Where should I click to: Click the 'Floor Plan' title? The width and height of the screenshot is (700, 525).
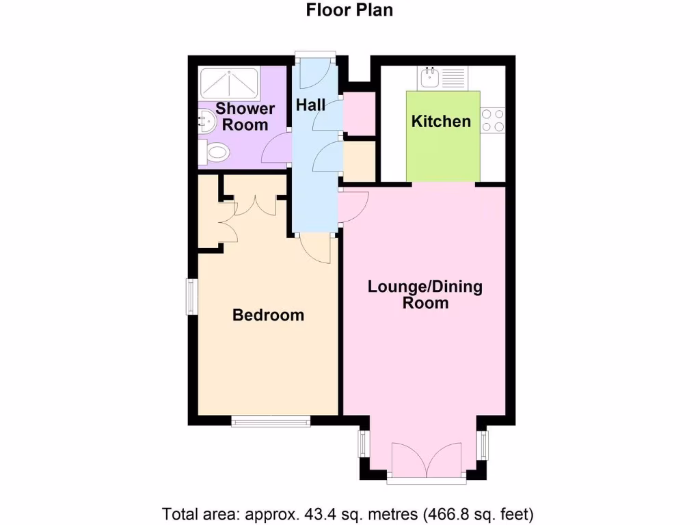click(349, 10)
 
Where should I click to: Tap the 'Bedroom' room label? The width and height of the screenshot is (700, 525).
click(268, 315)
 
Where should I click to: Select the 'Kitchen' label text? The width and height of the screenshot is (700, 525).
click(441, 122)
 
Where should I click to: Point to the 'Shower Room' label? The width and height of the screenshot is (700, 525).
click(245, 116)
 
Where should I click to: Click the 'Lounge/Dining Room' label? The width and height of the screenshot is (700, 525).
click(425, 294)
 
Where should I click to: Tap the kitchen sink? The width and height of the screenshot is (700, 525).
click(430, 77)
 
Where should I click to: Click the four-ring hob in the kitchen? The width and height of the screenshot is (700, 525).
click(492, 121)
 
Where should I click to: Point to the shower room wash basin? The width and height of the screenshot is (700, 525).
click(205, 122)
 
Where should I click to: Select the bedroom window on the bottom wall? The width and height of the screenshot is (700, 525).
click(271, 420)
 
